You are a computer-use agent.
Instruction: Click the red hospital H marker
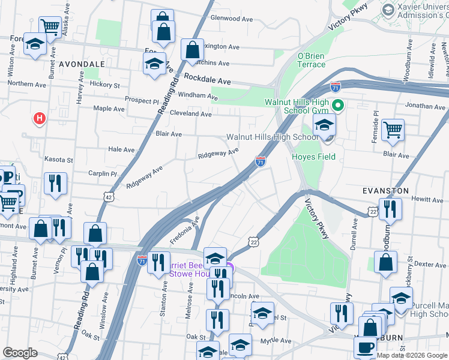39,118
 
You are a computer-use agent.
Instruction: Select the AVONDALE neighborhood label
82,63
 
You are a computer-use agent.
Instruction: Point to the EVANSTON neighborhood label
385,190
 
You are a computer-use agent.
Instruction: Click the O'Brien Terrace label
312,60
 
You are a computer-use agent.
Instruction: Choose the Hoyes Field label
313,157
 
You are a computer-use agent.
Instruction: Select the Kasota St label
58,160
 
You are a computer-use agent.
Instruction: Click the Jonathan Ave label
424,106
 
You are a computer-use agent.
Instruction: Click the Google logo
20,353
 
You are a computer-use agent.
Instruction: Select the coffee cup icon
366,347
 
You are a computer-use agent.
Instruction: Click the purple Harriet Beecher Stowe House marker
229,268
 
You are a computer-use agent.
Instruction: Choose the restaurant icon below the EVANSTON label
390,209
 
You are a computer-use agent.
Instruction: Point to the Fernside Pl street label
376,122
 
